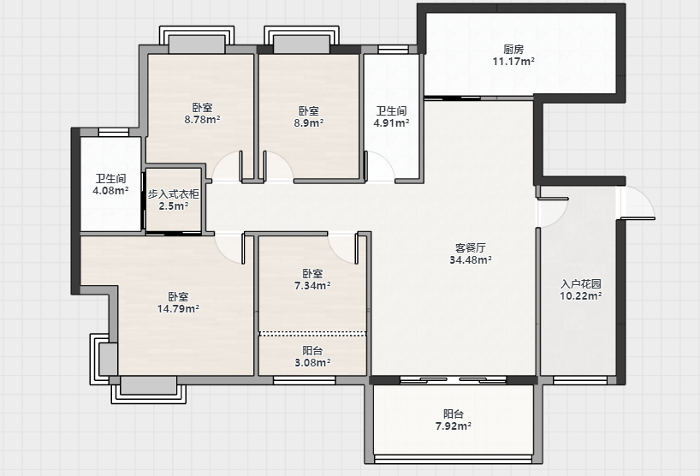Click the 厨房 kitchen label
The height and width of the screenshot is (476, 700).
tap(513, 50)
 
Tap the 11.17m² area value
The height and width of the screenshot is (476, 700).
tap(513, 61)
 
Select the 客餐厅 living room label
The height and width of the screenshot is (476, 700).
tap(471, 247)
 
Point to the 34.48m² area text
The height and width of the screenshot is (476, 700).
tap(471, 259)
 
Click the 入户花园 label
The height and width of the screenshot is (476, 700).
tap(581, 284)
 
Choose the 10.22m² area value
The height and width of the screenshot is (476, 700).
tap(581, 295)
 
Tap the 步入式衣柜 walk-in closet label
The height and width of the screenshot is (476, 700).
tap(173, 194)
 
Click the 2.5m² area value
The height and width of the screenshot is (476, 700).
tap(173, 205)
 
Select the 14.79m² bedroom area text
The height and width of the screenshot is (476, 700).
tap(178, 308)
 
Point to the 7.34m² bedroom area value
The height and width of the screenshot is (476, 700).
tap(312, 285)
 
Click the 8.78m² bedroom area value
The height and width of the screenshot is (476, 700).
tap(202, 119)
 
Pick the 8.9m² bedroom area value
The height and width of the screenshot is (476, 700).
tap(308, 122)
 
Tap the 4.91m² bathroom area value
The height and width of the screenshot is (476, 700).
tap(392, 122)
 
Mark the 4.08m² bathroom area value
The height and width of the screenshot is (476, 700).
tap(110, 191)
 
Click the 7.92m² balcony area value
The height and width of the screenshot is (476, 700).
tap(454, 426)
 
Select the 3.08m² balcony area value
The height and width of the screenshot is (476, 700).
tap(312, 363)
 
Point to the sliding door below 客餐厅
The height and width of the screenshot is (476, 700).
tap(453, 380)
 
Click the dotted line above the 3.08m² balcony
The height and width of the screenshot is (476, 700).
tap(312, 333)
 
